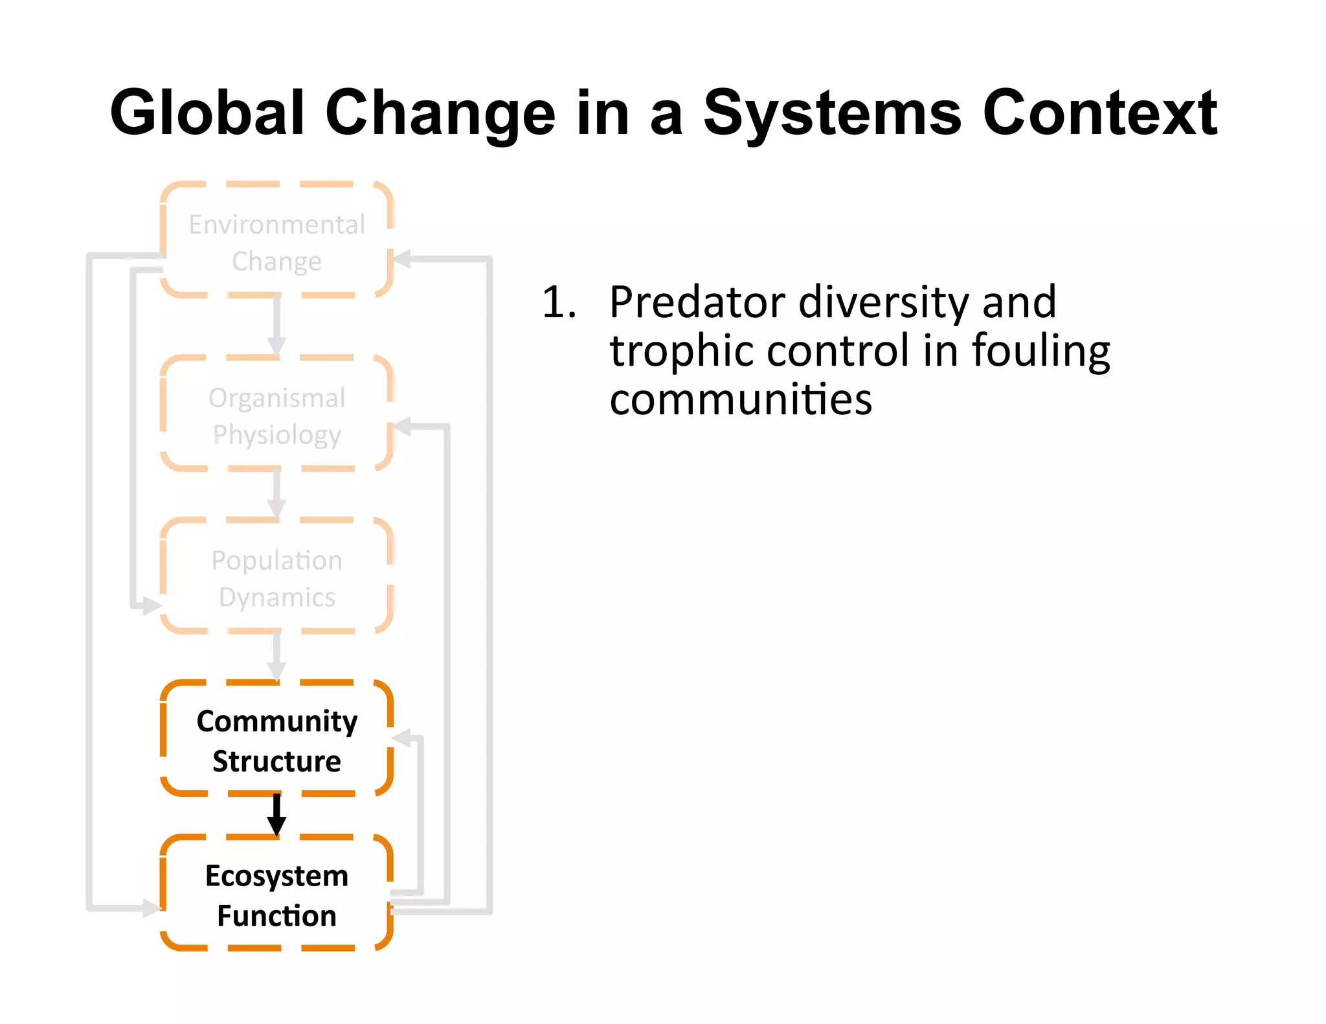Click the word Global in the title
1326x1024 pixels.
click(207, 113)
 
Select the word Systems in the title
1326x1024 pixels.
click(833, 114)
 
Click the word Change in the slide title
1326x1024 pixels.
click(440, 114)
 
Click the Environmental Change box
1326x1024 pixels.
click(276, 241)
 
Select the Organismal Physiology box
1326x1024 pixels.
click(276, 415)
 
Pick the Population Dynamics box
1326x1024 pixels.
click(276, 577)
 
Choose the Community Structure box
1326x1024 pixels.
click(276, 740)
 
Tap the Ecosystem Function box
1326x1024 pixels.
click(276, 895)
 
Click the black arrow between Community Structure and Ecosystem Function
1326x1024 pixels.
click(276, 814)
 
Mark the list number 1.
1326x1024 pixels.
click(558, 302)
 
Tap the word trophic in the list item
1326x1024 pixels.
click(681, 351)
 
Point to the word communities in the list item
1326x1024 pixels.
click(741, 399)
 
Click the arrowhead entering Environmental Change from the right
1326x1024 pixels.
click(402, 260)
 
